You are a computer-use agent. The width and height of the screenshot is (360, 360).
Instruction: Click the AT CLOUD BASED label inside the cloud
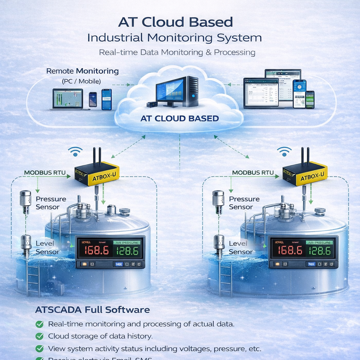(x=179, y=118)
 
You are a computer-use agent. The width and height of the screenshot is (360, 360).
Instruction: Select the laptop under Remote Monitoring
(x=68, y=99)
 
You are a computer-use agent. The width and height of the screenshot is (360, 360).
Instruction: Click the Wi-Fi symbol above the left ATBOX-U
(x=75, y=152)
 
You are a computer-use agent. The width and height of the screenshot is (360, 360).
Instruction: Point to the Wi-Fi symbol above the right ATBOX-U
(x=284, y=152)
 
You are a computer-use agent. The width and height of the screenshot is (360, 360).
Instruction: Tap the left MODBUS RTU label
(x=45, y=173)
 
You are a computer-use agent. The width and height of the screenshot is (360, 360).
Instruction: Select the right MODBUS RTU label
(x=253, y=172)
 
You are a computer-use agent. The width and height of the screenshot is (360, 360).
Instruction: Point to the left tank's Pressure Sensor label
(x=51, y=203)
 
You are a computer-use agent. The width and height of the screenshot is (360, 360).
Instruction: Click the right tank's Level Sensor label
(x=241, y=247)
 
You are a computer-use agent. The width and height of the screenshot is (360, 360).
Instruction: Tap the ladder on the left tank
(x=33, y=279)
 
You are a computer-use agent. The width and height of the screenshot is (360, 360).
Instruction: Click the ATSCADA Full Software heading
(x=92, y=310)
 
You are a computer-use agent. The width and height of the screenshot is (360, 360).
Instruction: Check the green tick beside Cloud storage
(x=39, y=336)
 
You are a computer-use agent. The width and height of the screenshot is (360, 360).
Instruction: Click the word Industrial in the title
(x=115, y=38)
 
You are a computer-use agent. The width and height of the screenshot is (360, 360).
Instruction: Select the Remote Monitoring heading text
(x=82, y=71)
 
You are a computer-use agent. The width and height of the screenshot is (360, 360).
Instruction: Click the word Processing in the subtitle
(x=235, y=52)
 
